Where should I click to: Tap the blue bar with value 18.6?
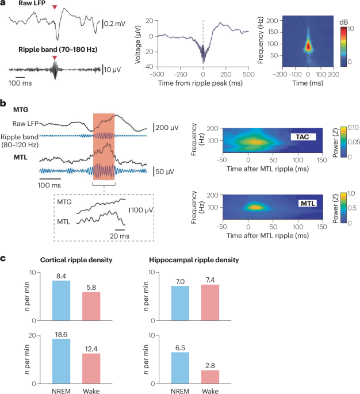pyautogui.click(x=61, y=361)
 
